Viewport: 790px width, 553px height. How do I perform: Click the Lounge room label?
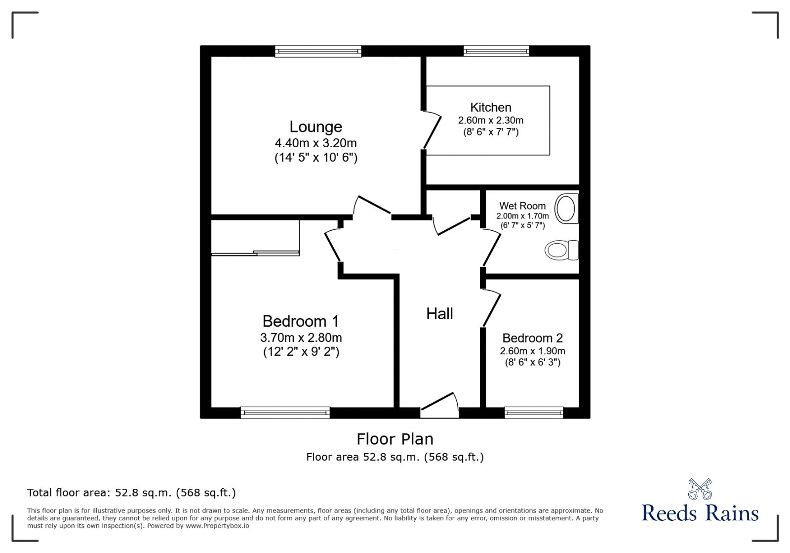pos(316,127)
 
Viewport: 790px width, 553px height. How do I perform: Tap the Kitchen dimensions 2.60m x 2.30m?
pos(490,120)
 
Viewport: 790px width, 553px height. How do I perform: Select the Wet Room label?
pos(522,206)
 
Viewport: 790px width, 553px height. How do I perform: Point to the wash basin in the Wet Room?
pos(566,208)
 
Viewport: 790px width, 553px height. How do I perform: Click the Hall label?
pos(439,313)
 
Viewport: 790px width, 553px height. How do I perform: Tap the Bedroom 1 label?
pos(301,321)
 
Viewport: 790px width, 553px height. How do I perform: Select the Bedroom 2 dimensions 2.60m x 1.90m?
pos(532,351)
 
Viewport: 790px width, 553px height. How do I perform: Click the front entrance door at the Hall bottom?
pos(439,404)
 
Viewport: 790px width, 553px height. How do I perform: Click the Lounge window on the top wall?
pos(318,51)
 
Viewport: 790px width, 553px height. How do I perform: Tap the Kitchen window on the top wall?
pos(496,51)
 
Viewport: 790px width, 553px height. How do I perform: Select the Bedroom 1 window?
pos(285,412)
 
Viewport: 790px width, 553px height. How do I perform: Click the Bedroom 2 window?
pos(534,412)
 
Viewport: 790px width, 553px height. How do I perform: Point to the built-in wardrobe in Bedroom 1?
pos(255,237)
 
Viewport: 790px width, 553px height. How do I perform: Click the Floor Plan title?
pos(395,439)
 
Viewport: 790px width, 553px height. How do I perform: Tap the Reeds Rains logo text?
pos(700,513)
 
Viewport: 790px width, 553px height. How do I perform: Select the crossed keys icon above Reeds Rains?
pos(700,489)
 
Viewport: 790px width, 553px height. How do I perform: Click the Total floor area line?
pos(131,493)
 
